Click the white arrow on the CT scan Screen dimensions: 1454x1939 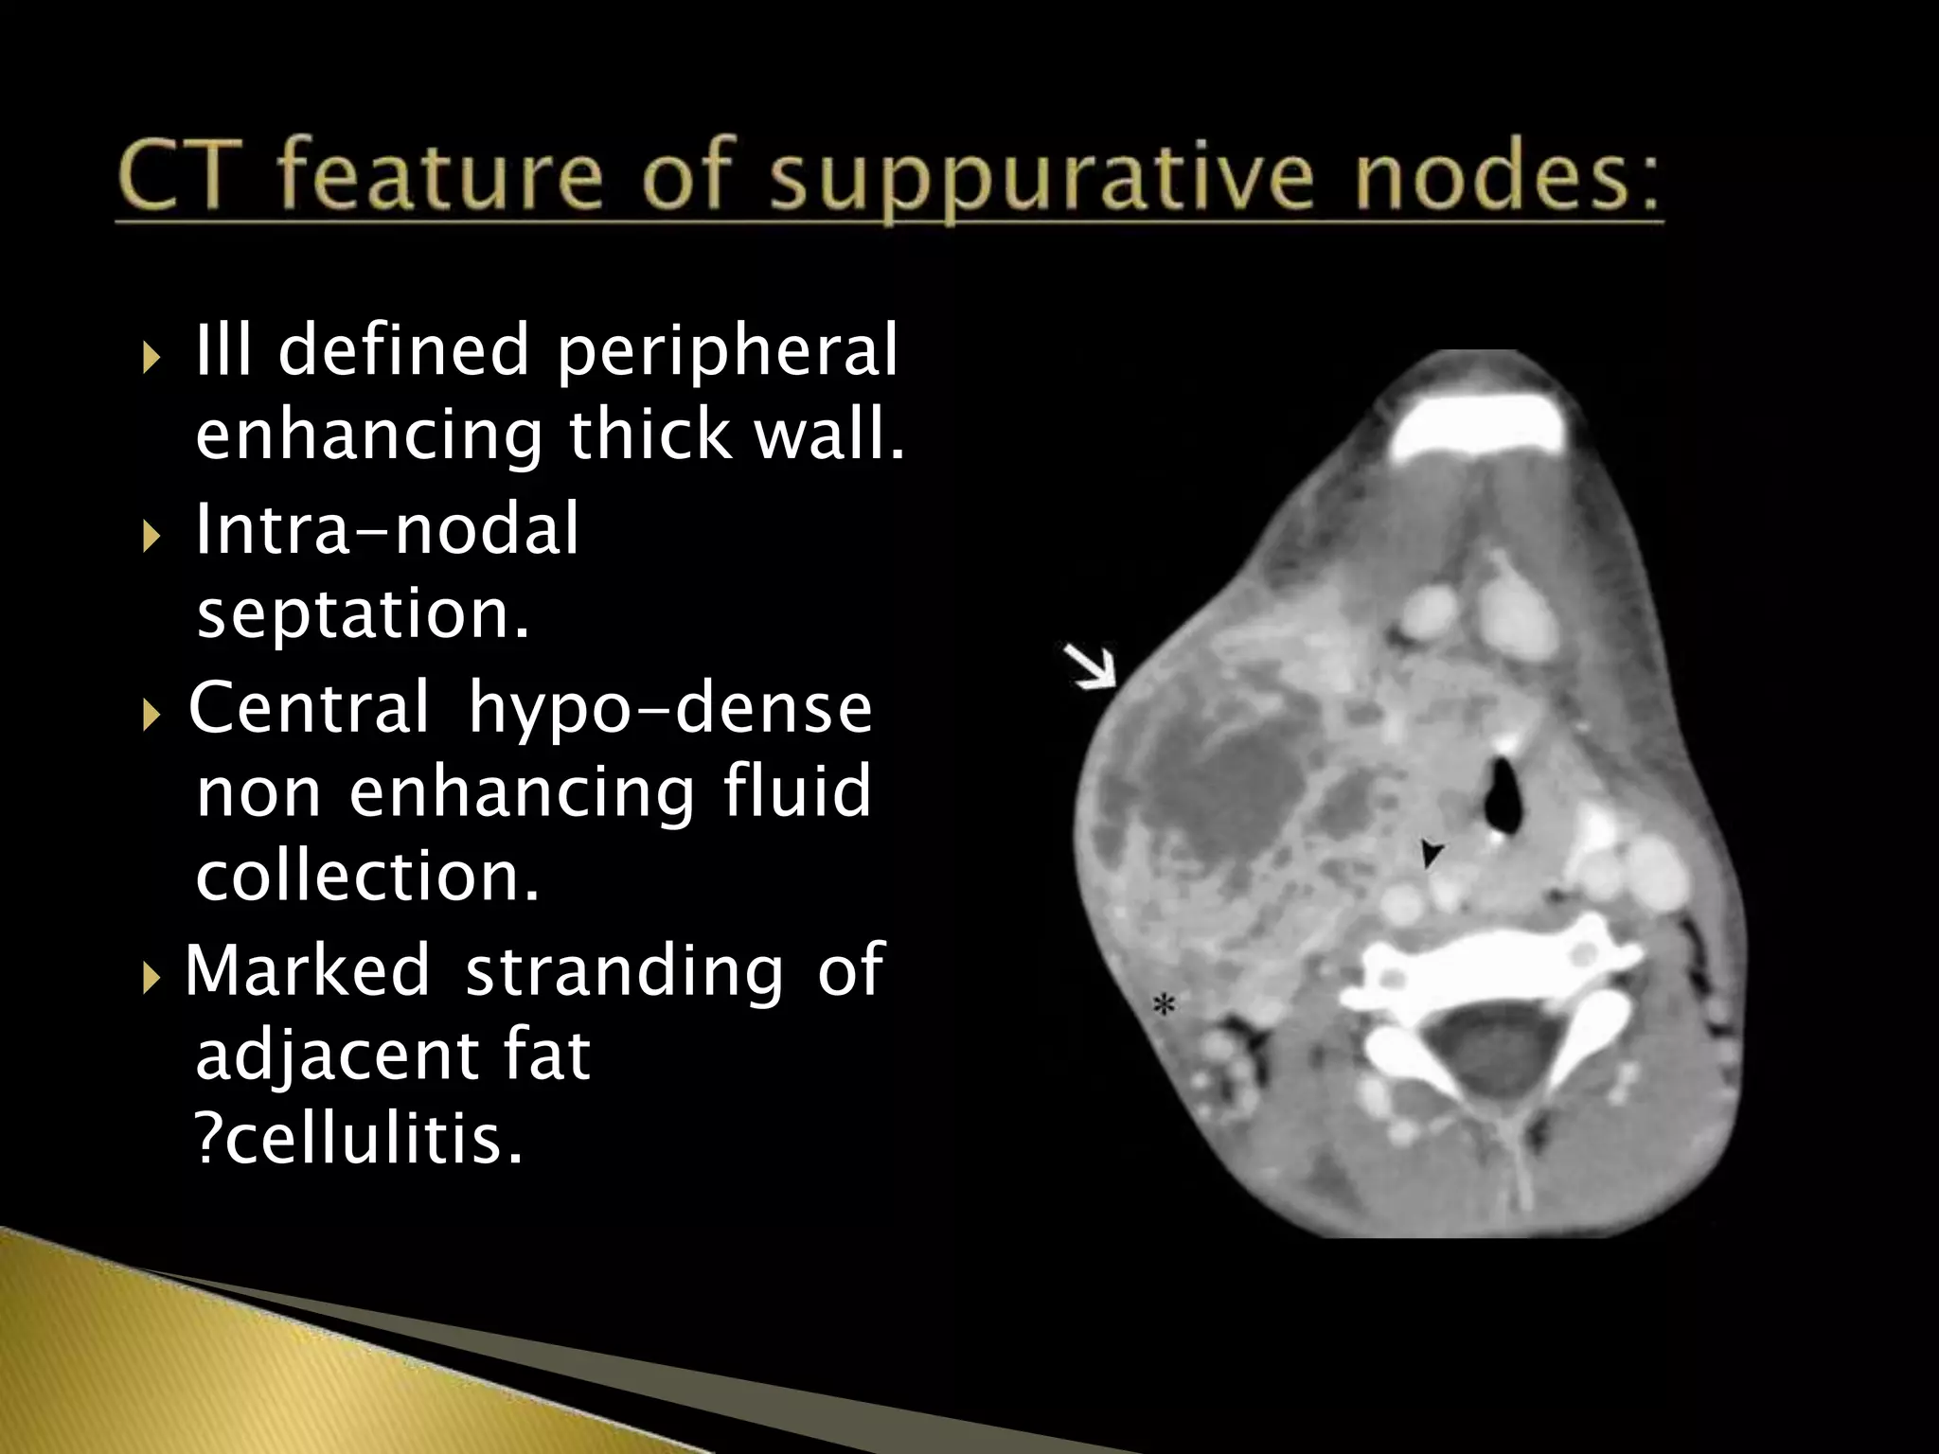point(1091,667)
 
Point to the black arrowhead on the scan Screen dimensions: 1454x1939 point(1431,853)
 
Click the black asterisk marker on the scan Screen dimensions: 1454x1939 point(1164,1005)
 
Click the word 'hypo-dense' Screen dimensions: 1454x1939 point(670,707)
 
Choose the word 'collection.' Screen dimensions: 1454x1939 point(367,876)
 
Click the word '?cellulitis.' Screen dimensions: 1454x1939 point(359,1140)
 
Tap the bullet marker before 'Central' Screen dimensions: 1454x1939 point(151,713)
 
